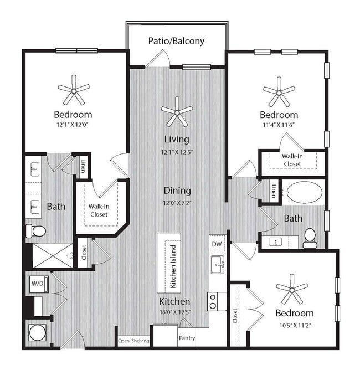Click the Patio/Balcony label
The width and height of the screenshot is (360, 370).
tap(177, 40)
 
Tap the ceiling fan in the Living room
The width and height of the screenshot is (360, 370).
tap(177, 111)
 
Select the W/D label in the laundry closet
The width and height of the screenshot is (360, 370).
tap(37, 284)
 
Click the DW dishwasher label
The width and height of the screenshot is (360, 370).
tap(217, 244)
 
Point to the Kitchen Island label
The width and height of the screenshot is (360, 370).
tap(173, 266)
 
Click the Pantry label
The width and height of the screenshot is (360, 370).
tap(187, 338)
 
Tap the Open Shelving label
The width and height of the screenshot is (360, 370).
tap(133, 341)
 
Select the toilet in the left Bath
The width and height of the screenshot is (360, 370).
tap(35, 231)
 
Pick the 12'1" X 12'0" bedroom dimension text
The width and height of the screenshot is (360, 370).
tap(73, 125)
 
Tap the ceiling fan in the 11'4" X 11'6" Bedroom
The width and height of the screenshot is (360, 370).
tap(279, 91)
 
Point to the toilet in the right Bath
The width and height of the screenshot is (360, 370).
tap(310, 239)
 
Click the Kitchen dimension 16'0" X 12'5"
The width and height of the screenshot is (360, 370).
tap(175, 312)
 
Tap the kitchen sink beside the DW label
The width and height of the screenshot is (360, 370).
tap(217, 265)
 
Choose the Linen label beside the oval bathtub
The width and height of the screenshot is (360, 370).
tap(273, 191)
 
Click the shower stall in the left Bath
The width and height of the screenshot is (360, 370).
tap(52, 255)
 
